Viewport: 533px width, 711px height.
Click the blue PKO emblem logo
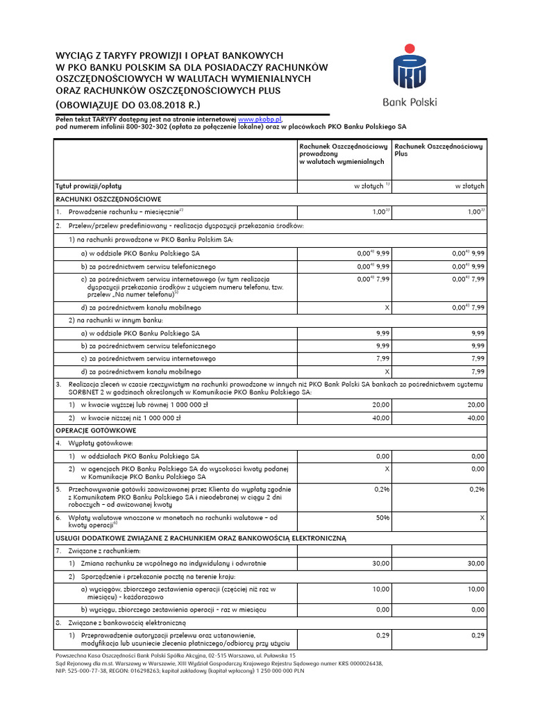click(x=409, y=68)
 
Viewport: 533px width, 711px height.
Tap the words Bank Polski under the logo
click(x=409, y=102)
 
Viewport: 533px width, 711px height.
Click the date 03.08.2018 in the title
click(x=165, y=104)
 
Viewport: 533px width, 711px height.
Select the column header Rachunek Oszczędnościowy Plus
click(x=438, y=150)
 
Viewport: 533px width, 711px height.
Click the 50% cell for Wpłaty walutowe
click(x=382, y=518)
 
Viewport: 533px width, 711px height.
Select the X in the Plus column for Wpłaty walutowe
click(x=482, y=518)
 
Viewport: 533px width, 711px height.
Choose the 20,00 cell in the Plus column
click(x=476, y=405)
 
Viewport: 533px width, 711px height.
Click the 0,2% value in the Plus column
click(x=477, y=490)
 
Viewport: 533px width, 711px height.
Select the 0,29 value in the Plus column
click(x=477, y=635)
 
